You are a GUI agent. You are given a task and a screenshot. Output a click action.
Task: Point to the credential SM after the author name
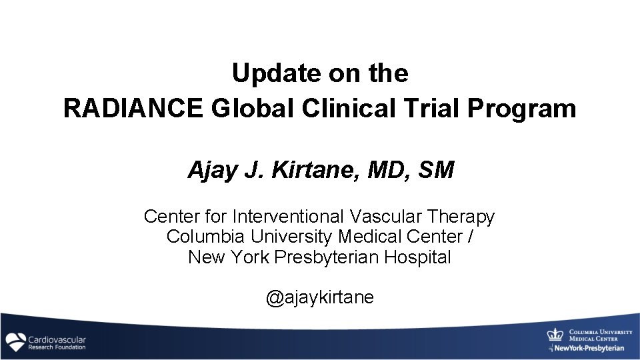436,171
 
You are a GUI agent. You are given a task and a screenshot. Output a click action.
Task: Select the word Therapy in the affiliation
462,217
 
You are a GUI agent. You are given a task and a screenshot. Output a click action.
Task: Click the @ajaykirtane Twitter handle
320,297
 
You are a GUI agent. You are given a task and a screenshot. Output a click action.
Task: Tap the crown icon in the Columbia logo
555,335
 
